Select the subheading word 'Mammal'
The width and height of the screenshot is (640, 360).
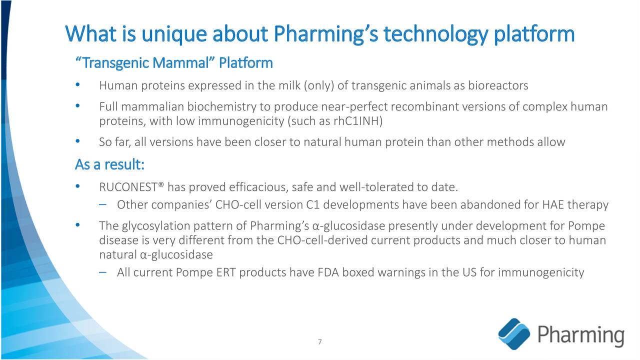(179, 63)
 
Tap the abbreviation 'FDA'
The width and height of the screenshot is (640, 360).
(328, 272)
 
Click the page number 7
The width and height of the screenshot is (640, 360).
(320, 342)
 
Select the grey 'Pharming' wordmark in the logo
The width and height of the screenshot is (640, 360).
(580, 334)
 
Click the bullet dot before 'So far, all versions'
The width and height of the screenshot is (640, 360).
(77, 142)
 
